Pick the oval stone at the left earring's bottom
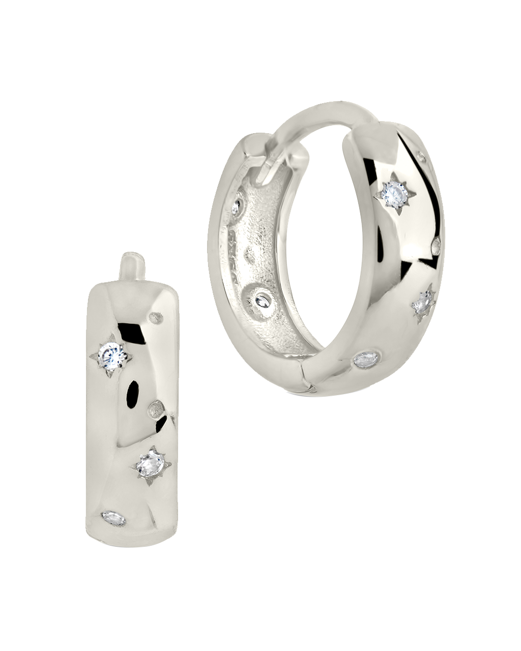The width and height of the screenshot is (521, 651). [113, 519]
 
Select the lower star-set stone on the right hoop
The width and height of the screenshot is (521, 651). [423, 304]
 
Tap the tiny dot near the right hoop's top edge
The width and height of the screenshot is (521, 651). [421, 158]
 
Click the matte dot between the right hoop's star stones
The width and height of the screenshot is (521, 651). [437, 246]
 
